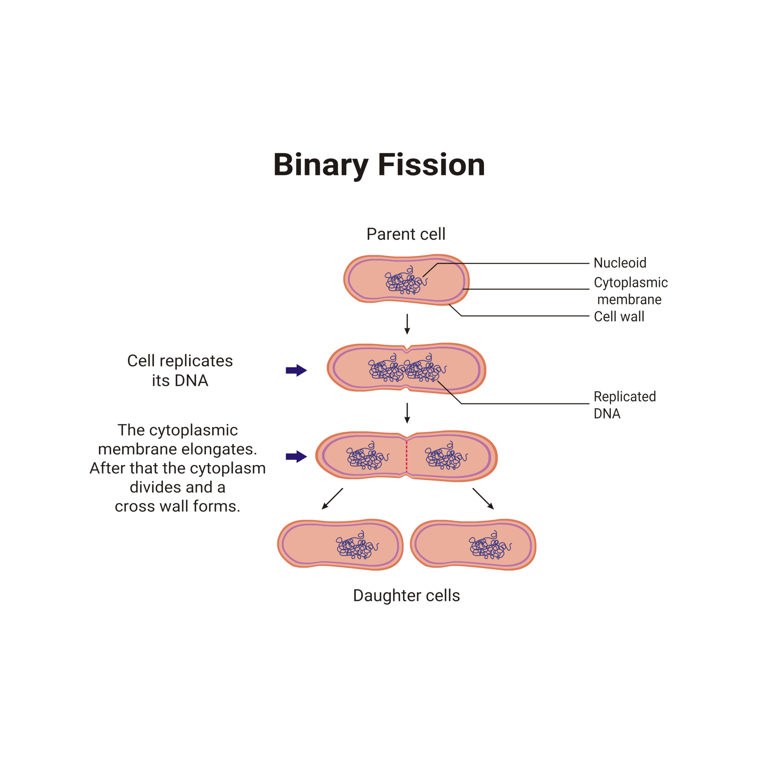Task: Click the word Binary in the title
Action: point(321,165)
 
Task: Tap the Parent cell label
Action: point(406,234)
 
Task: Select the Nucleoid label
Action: point(620,263)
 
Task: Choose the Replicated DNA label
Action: point(624,405)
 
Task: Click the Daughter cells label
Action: point(406,595)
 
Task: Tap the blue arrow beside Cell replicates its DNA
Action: point(296,370)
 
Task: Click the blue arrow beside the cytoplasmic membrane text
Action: point(296,457)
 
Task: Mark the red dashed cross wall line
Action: point(406,457)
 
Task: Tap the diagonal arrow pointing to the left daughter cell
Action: point(332,499)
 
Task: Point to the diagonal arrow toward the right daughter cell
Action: point(483,499)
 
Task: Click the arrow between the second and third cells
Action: point(407,413)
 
